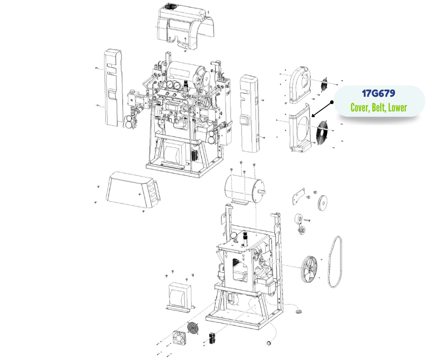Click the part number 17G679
click(378, 93)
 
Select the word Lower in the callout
click(398, 107)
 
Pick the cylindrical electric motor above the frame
click(244, 189)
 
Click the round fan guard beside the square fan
click(193, 328)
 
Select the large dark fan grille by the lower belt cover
click(324, 132)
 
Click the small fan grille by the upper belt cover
click(325, 85)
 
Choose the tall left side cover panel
click(113, 88)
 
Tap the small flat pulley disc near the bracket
click(323, 203)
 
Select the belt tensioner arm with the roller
click(300, 223)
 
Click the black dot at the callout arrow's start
click(332, 102)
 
